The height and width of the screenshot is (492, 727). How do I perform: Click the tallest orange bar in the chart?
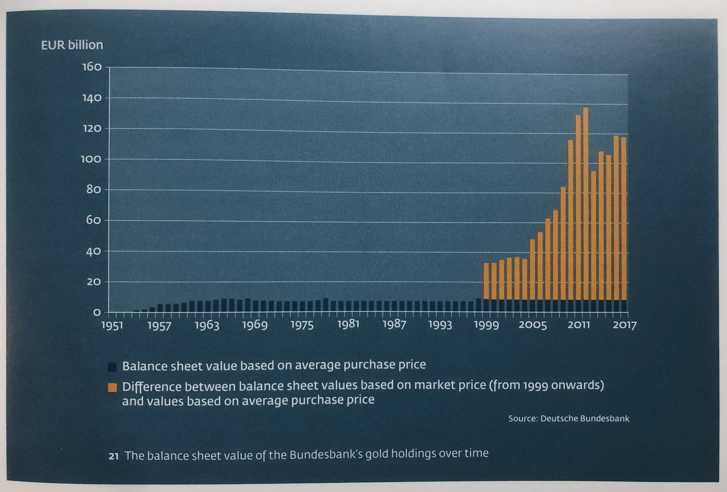click(585, 205)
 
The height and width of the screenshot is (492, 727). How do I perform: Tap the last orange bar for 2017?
click(624, 220)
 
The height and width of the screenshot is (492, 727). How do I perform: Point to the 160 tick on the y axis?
click(92, 67)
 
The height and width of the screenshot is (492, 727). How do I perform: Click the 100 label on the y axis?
click(92, 159)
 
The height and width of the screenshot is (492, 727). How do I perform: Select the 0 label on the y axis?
click(97, 312)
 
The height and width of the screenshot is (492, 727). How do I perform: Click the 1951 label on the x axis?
click(112, 325)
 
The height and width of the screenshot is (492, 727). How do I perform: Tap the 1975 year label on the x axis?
click(302, 325)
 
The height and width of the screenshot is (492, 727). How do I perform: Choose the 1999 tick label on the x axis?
click(486, 325)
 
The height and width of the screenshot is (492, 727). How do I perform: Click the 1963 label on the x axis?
click(207, 325)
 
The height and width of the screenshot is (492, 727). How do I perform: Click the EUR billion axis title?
click(72, 45)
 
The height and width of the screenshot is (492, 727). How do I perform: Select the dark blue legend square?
click(112, 367)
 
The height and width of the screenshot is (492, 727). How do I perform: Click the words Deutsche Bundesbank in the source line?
click(585, 418)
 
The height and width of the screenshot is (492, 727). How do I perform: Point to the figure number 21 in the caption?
click(113, 456)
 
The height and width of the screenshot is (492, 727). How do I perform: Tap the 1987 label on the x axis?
click(394, 324)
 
